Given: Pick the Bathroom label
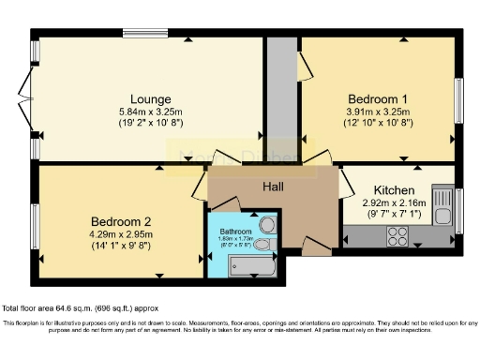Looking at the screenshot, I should (x=235, y=232).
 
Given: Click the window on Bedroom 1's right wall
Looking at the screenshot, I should (x=459, y=97).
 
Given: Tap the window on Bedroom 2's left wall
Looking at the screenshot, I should (x=35, y=222).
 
